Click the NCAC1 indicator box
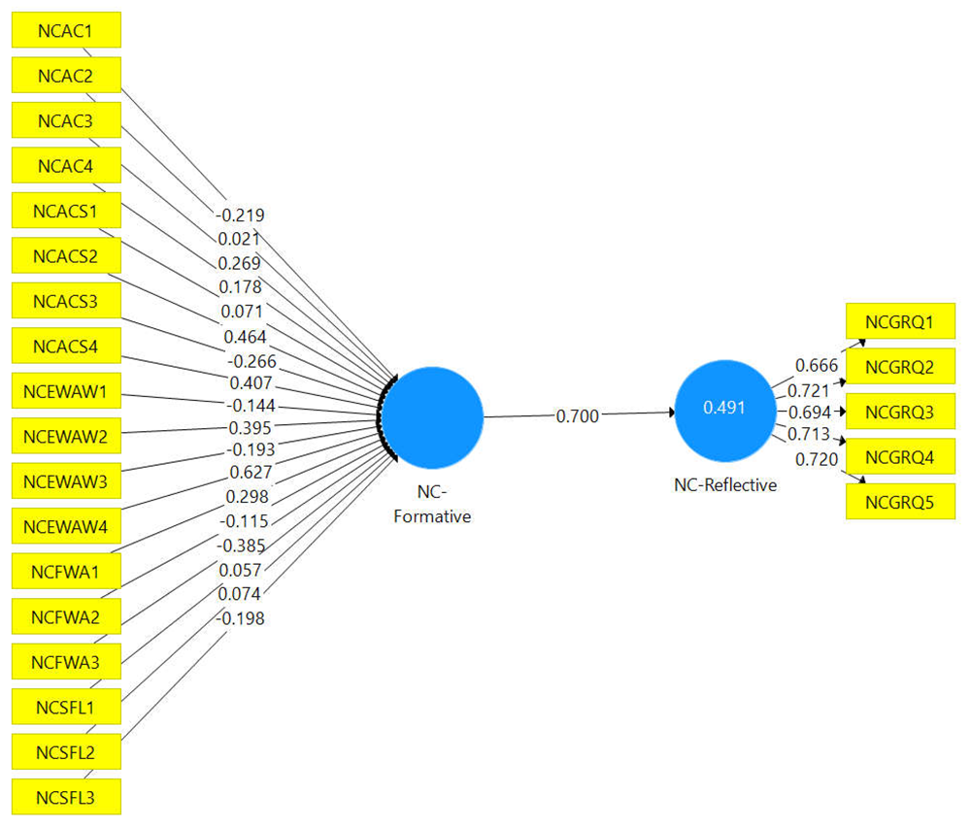pos(65,30)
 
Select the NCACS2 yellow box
pos(65,255)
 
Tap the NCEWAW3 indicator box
pos(65,481)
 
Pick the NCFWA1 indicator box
pos(65,571)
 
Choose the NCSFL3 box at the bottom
pos(65,796)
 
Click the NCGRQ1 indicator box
pos(900,321)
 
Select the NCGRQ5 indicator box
pos(900,502)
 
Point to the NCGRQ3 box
pos(900,412)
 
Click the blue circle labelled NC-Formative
pos(432,415)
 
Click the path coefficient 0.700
pos(577,415)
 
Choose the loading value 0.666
pos(816,364)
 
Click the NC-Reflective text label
pos(725,485)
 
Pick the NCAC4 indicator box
pos(65,165)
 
